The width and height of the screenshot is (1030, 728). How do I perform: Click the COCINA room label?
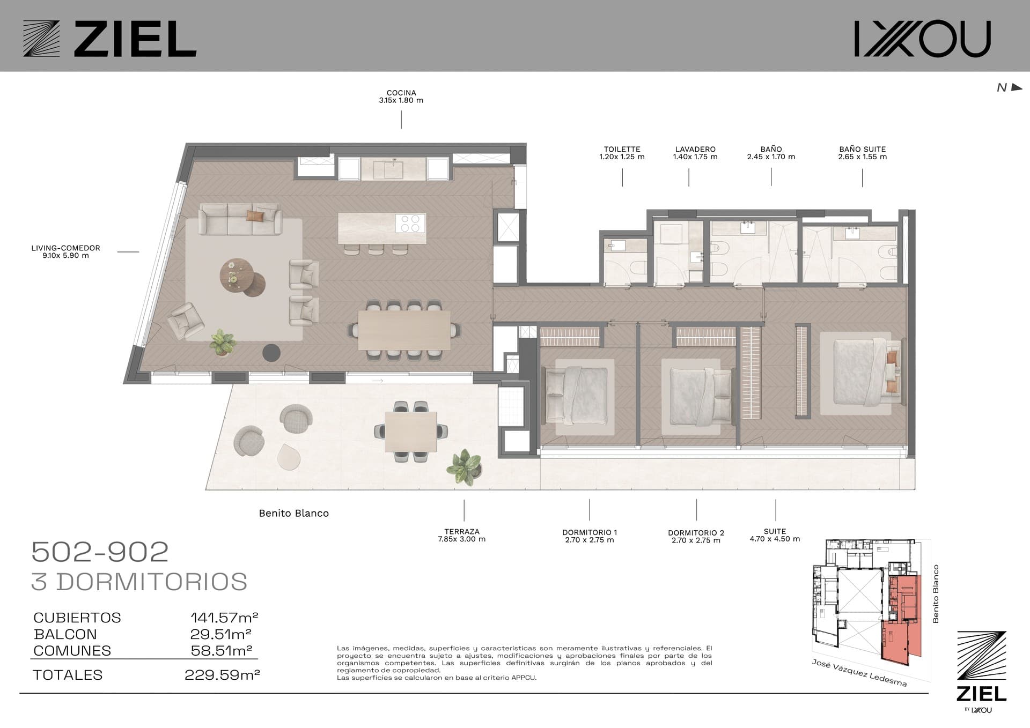click(x=401, y=96)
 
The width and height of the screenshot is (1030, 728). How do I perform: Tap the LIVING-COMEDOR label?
click(x=65, y=251)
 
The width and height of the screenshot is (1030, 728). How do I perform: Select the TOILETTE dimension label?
click(x=622, y=153)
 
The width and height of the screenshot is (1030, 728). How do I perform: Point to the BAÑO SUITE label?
click(x=862, y=153)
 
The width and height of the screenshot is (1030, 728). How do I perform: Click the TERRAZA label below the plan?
click(x=461, y=535)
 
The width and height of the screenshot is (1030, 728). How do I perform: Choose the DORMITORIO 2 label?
click(x=696, y=536)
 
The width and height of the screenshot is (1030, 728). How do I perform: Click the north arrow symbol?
click(x=1016, y=87)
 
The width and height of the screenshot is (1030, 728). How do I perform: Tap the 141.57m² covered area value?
click(x=224, y=617)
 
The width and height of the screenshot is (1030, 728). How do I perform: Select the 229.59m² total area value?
click(x=222, y=674)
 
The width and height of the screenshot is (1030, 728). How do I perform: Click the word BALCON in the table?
click(x=65, y=634)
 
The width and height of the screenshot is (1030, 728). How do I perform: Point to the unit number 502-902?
click(x=100, y=552)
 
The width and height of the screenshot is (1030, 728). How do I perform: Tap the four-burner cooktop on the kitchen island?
click(x=410, y=223)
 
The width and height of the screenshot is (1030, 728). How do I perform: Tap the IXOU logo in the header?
click(x=922, y=39)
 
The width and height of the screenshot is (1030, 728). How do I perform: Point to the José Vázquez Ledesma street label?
click(x=859, y=673)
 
